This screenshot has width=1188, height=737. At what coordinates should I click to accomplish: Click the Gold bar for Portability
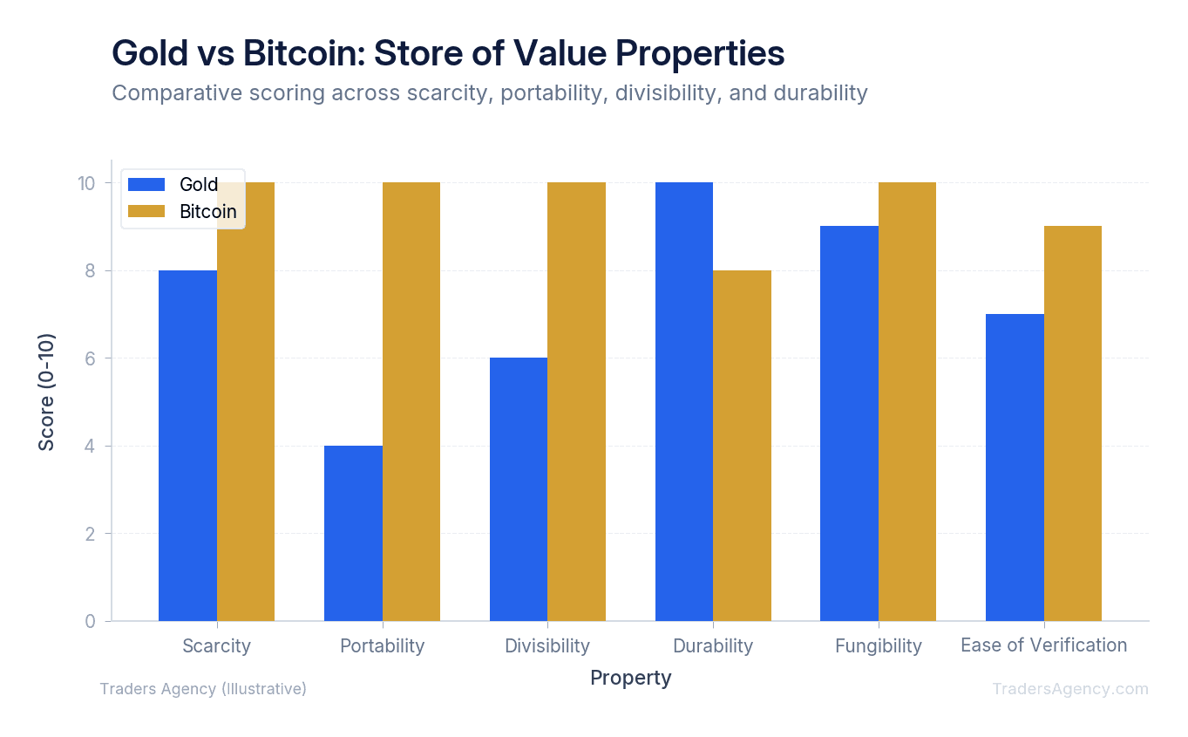pyautogui.click(x=353, y=533)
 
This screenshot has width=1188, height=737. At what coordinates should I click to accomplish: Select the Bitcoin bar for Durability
pyautogui.click(x=742, y=446)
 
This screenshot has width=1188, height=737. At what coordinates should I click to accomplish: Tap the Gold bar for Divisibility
pyautogui.click(x=519, y=489)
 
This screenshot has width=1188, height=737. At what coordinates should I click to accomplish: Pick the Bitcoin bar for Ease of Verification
pyautogui.click(x=1072, y=424)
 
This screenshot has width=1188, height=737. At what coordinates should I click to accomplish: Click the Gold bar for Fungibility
pyautogui.click(x=849, y=424)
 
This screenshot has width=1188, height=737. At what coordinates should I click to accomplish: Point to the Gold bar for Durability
pyautogui.click(x=684, y=401)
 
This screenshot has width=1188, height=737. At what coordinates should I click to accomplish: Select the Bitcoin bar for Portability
pyautogui.click(x=411, y=401)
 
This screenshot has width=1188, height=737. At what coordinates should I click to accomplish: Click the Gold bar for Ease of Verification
pyautogui.click(x=1015, y=467)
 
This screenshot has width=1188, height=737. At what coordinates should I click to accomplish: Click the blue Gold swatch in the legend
pyautogui.click(x=146, y=184)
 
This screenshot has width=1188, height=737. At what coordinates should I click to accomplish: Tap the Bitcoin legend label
pyautogui.click(x=207, y=212)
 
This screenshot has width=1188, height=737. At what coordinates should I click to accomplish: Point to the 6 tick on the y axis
pyautogui.click(x=90, y=358)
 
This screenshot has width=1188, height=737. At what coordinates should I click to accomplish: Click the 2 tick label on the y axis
pyautogui.click(x=90, y=534)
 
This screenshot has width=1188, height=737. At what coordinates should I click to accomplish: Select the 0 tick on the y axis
pyautogui.click(x=90, y=621)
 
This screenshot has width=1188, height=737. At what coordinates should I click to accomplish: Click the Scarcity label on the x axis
pyautogui.click(x=216, y=646)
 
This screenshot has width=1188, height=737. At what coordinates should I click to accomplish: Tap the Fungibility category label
pyautogui.click(x=878, y=646)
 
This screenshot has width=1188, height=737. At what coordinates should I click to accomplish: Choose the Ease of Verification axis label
pyautogui.click(x=1043, y=645)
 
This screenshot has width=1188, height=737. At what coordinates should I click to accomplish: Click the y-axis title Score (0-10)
pyautogui.click(x=46, y=392)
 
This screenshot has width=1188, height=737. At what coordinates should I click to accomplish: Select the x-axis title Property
pyautogui.click(x=630, y=678)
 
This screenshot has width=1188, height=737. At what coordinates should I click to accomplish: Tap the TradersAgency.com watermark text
pyautogui.click(x=1069, y=689)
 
